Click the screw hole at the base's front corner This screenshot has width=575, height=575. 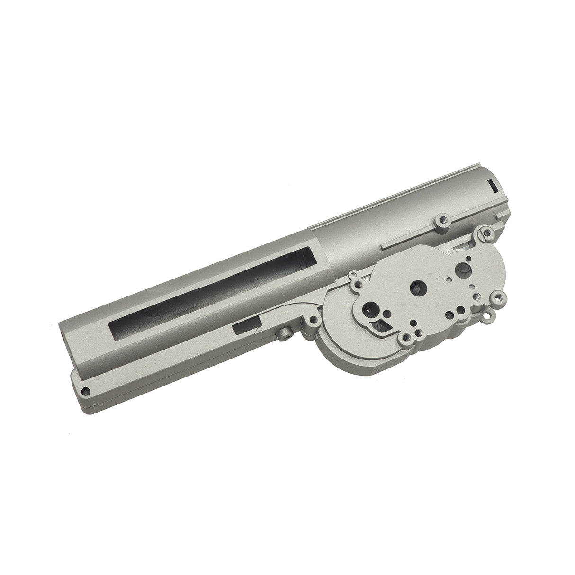pyautogui.click(x=87, y=377)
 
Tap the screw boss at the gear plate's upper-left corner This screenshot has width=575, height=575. pyautogui.click(x=354, y=275)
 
